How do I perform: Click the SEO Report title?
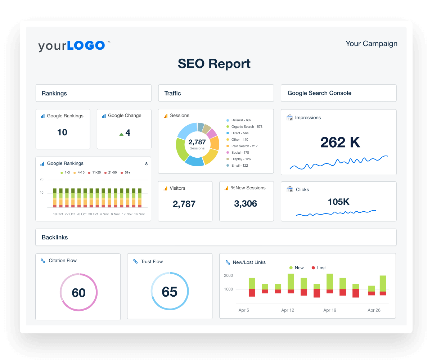tap(214, 64)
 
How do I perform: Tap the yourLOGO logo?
tap(72, 46)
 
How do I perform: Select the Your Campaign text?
tap(371, 44)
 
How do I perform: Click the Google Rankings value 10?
tap(62, 132)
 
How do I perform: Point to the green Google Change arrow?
tap(121, 134)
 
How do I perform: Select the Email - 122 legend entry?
tap(239, 166)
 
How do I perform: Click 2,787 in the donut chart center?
tap(197, 142)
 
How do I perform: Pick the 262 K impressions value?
tap(340, 142)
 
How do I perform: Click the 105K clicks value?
tap(338, 202)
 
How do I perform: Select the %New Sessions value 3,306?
tap(246, 204)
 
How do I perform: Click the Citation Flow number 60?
tap(78, 292)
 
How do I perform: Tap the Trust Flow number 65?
tap(170, 292)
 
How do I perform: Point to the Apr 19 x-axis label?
tap(330, 310)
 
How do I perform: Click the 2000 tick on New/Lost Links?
tap(228, 276)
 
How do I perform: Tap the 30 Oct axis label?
tap(93, 214)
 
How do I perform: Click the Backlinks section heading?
tap(55, 238)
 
